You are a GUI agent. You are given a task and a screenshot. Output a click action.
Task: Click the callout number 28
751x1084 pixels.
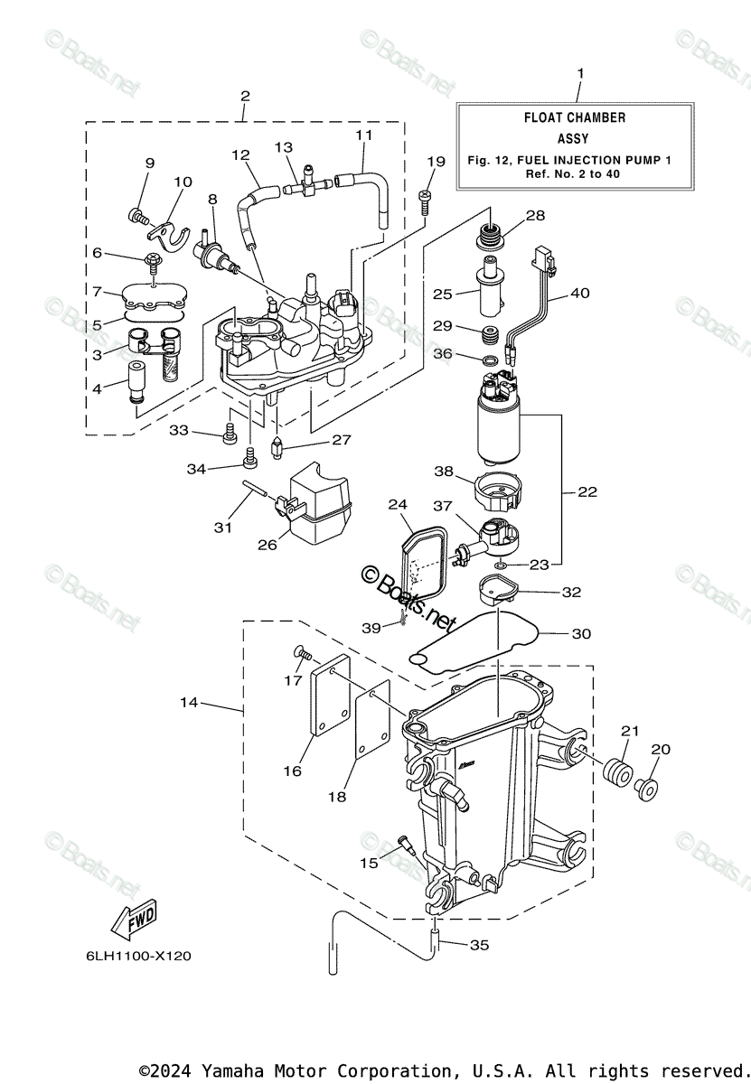click(560, 215)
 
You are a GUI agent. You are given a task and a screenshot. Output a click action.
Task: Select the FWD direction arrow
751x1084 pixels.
click(134, 920)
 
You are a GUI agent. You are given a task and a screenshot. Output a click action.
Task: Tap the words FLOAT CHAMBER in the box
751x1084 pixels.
click(575, 117)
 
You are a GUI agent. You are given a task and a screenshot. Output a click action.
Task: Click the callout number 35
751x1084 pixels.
click(478, 945)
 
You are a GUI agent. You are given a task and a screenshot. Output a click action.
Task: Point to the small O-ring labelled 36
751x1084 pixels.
click(488, 362)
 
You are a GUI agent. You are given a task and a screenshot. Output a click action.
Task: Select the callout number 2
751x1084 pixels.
click(245, 96)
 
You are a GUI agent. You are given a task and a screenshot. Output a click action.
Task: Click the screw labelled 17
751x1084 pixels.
click(301, 652)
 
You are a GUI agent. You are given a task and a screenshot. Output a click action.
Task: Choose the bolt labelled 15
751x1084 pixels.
click(404, 846)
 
